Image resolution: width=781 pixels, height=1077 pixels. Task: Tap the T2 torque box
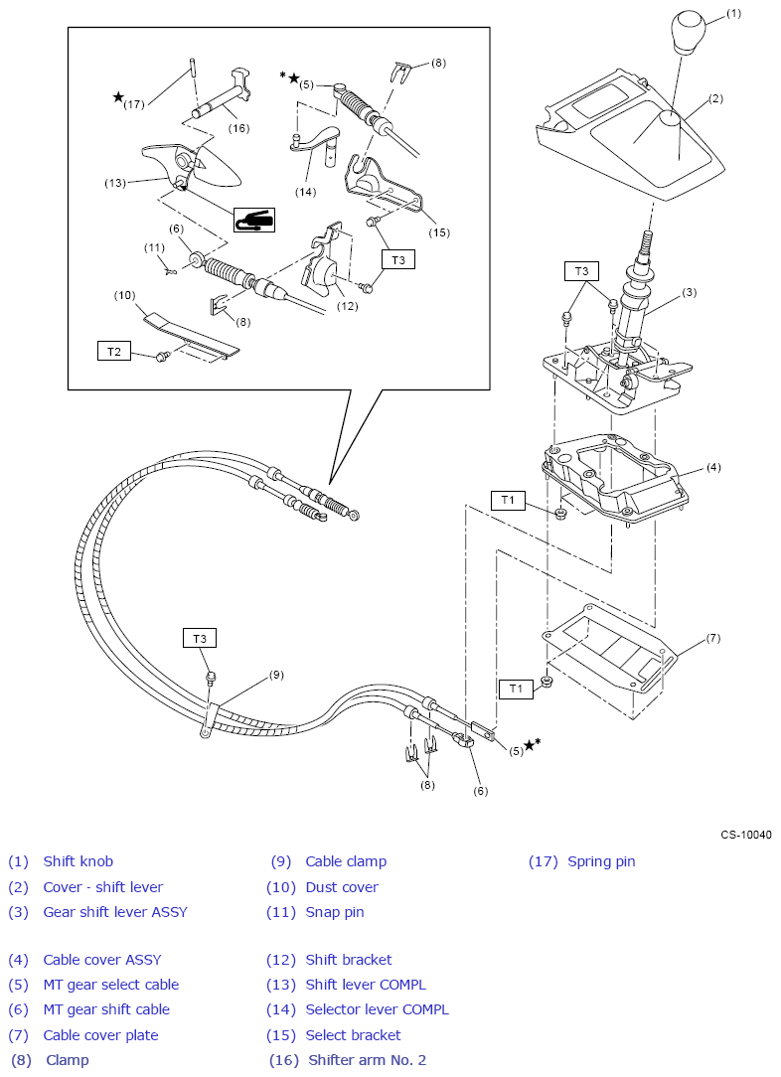113,351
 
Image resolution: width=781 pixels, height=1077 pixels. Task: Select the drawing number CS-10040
745,835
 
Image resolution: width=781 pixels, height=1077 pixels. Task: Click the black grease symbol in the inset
254,220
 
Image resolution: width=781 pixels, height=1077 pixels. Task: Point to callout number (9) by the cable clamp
276,675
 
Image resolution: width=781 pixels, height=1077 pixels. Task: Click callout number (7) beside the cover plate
712,638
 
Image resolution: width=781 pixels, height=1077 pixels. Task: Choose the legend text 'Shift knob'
78,861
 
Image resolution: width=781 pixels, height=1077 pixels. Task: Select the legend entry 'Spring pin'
600,861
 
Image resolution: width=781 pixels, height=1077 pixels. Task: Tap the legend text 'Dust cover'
342,887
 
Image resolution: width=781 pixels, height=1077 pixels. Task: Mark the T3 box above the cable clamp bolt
200,638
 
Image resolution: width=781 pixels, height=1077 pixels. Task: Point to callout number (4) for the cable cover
712,466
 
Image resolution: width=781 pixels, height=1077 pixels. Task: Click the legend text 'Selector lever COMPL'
377,1009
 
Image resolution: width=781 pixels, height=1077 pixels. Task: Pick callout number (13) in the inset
116,183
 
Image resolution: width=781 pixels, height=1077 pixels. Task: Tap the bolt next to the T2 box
161,355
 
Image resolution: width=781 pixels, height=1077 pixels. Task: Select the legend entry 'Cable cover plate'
100,1035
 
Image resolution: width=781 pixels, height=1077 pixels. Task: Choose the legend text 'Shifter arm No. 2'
367,1060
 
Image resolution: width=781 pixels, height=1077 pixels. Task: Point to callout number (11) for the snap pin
154,247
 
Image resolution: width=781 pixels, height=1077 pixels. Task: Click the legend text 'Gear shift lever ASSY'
114,912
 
